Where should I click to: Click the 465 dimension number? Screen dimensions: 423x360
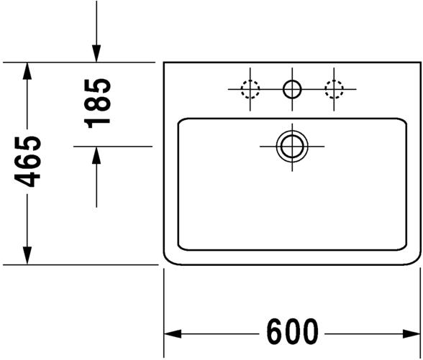[27, 162]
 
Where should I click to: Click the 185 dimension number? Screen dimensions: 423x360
[97, 103]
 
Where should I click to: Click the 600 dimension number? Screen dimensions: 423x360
[292, 332]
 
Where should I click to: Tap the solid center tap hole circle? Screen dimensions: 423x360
[292, 89]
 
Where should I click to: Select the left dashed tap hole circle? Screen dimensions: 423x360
[250, 89]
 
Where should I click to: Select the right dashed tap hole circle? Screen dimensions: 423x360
[334, 89]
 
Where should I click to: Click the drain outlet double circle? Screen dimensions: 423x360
[292, 147]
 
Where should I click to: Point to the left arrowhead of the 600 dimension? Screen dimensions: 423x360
[173, 334]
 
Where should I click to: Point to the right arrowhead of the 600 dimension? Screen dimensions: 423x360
[411, 334]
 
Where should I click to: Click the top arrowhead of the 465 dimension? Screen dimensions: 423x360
[27, 71]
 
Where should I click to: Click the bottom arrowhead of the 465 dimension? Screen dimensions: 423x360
[27, 256]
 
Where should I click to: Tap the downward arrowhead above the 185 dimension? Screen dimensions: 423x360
[96, 54]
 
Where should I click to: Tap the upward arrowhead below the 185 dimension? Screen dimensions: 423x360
[96, 155]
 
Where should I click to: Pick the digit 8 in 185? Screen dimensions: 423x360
[97, 103]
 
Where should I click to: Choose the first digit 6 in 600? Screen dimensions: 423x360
[275, 332]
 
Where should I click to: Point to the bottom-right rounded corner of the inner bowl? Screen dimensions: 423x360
[404, 247]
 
